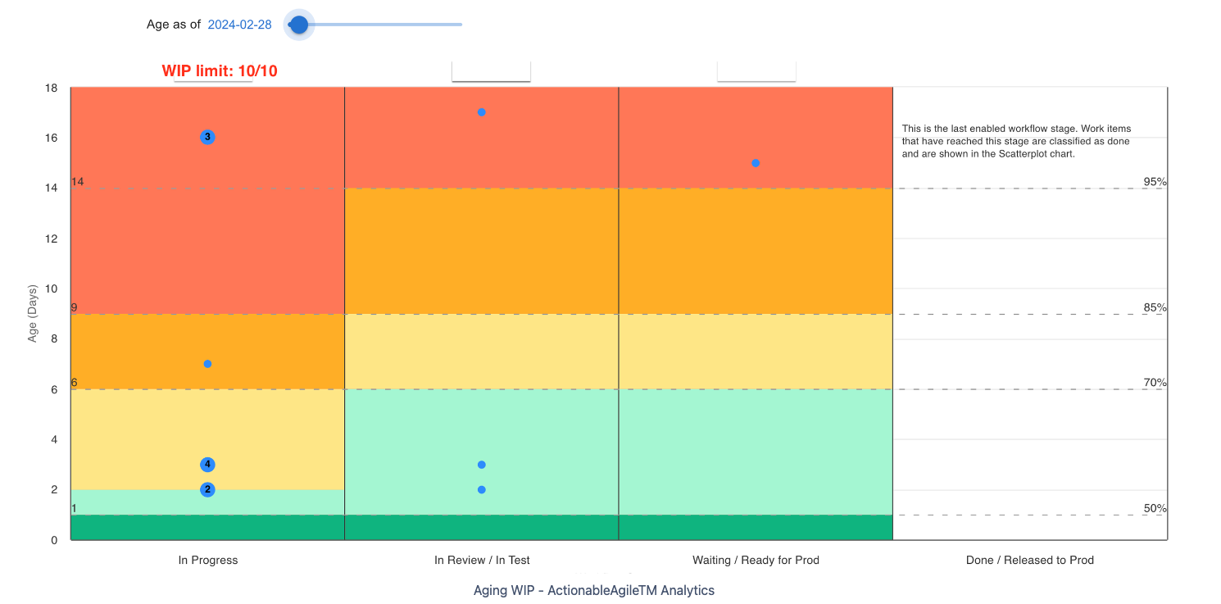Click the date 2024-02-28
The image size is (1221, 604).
click(x=239, y=25)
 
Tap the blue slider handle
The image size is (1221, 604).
click(x=299, y=25)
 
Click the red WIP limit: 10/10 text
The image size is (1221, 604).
click(x=220, y=71)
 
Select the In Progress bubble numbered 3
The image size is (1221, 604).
click(x=207, y=137)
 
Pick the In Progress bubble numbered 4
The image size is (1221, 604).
click(x=207, y=465)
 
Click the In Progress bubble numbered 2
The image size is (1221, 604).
click(x=207, y=490)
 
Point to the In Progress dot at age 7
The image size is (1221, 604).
click(x=207, y=364)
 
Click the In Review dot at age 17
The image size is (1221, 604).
click(x=482, y=112)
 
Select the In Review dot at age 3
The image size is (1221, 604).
click(x=482, y=465)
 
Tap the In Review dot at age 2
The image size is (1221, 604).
click(x=482, y=490)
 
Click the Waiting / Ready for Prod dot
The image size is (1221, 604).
click(x=756, y=163)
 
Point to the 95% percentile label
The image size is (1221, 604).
click(x=1155, y=182)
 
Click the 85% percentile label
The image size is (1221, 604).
click(x=1155, y=308)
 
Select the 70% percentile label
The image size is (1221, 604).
click(x=1155, y=383)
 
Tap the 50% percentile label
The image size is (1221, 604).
click(x=1155, y=509)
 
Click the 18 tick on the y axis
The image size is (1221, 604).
click(x=51, y=88)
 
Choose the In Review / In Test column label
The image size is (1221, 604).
click(x=482, y=561)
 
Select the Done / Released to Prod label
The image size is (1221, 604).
click(x=1029, y=561)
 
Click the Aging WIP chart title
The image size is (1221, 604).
click(x=593, y=590)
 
